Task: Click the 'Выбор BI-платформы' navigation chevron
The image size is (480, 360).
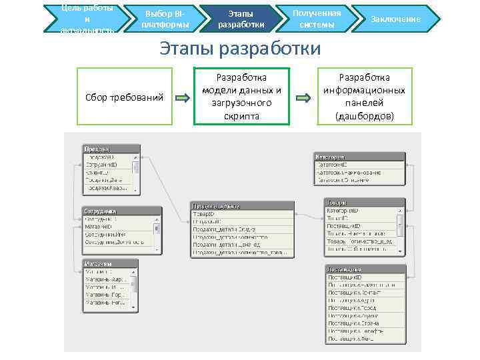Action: [166, 19]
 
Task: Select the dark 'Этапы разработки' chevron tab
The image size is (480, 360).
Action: [241, 19]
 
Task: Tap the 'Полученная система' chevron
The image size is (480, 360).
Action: [316, 19]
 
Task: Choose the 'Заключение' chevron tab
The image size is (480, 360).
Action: [395, 19]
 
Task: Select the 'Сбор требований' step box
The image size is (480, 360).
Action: [125, 97]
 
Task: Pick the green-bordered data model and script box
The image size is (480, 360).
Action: [241, 97]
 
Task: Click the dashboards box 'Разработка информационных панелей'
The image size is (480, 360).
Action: [364, 97]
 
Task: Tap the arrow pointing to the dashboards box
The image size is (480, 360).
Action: [303, 98]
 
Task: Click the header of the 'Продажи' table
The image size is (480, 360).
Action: [111, 149]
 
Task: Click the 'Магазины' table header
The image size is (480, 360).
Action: [110, 264]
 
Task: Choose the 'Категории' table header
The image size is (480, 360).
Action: [359, 157]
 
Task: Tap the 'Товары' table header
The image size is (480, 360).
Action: [364, 203]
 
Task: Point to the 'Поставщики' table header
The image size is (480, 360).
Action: [365, 269]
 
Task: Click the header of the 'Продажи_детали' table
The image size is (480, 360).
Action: [241, 207]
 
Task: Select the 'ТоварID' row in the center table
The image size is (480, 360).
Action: [241, 214]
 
